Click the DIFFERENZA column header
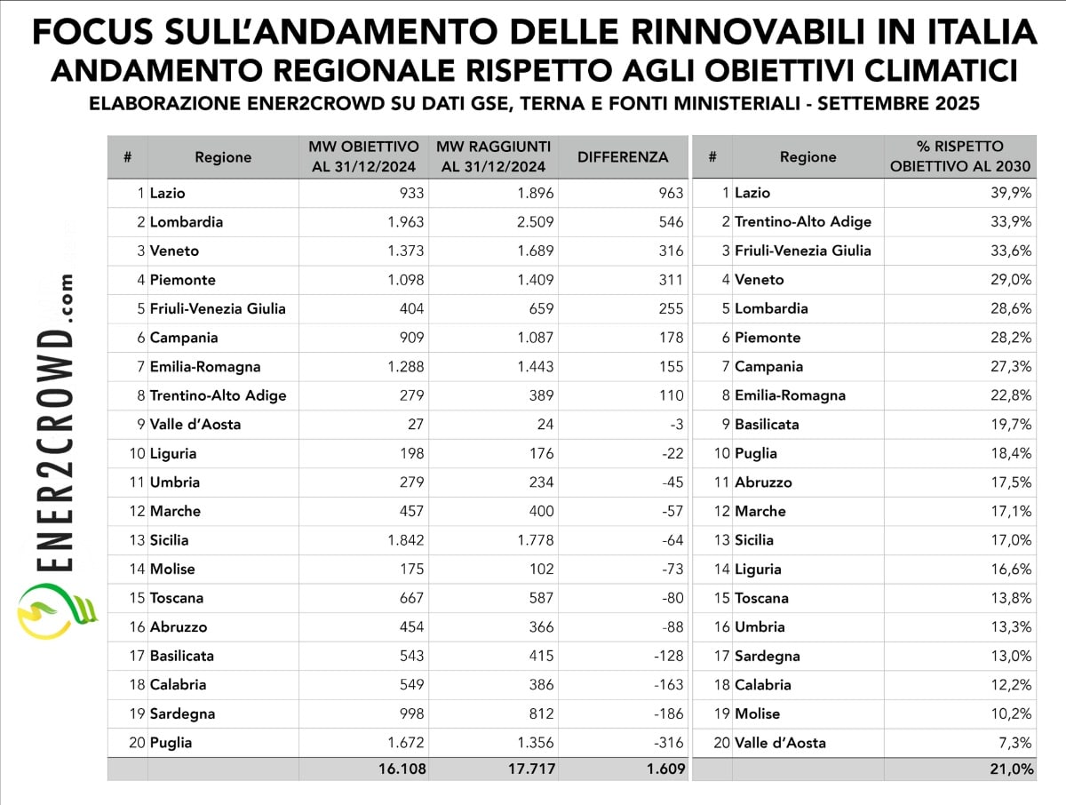(x=622, y=157)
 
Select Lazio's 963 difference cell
(x=671, y=193)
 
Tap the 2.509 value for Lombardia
(x=535, y=222)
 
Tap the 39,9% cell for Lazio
(x=1012, y=193)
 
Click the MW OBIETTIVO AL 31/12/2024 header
(x=362, y=156)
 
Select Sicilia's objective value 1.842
(x=405, y=540)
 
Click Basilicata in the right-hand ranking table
(x=767, y=425)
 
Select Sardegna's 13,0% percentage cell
(x=1012, y=656)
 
